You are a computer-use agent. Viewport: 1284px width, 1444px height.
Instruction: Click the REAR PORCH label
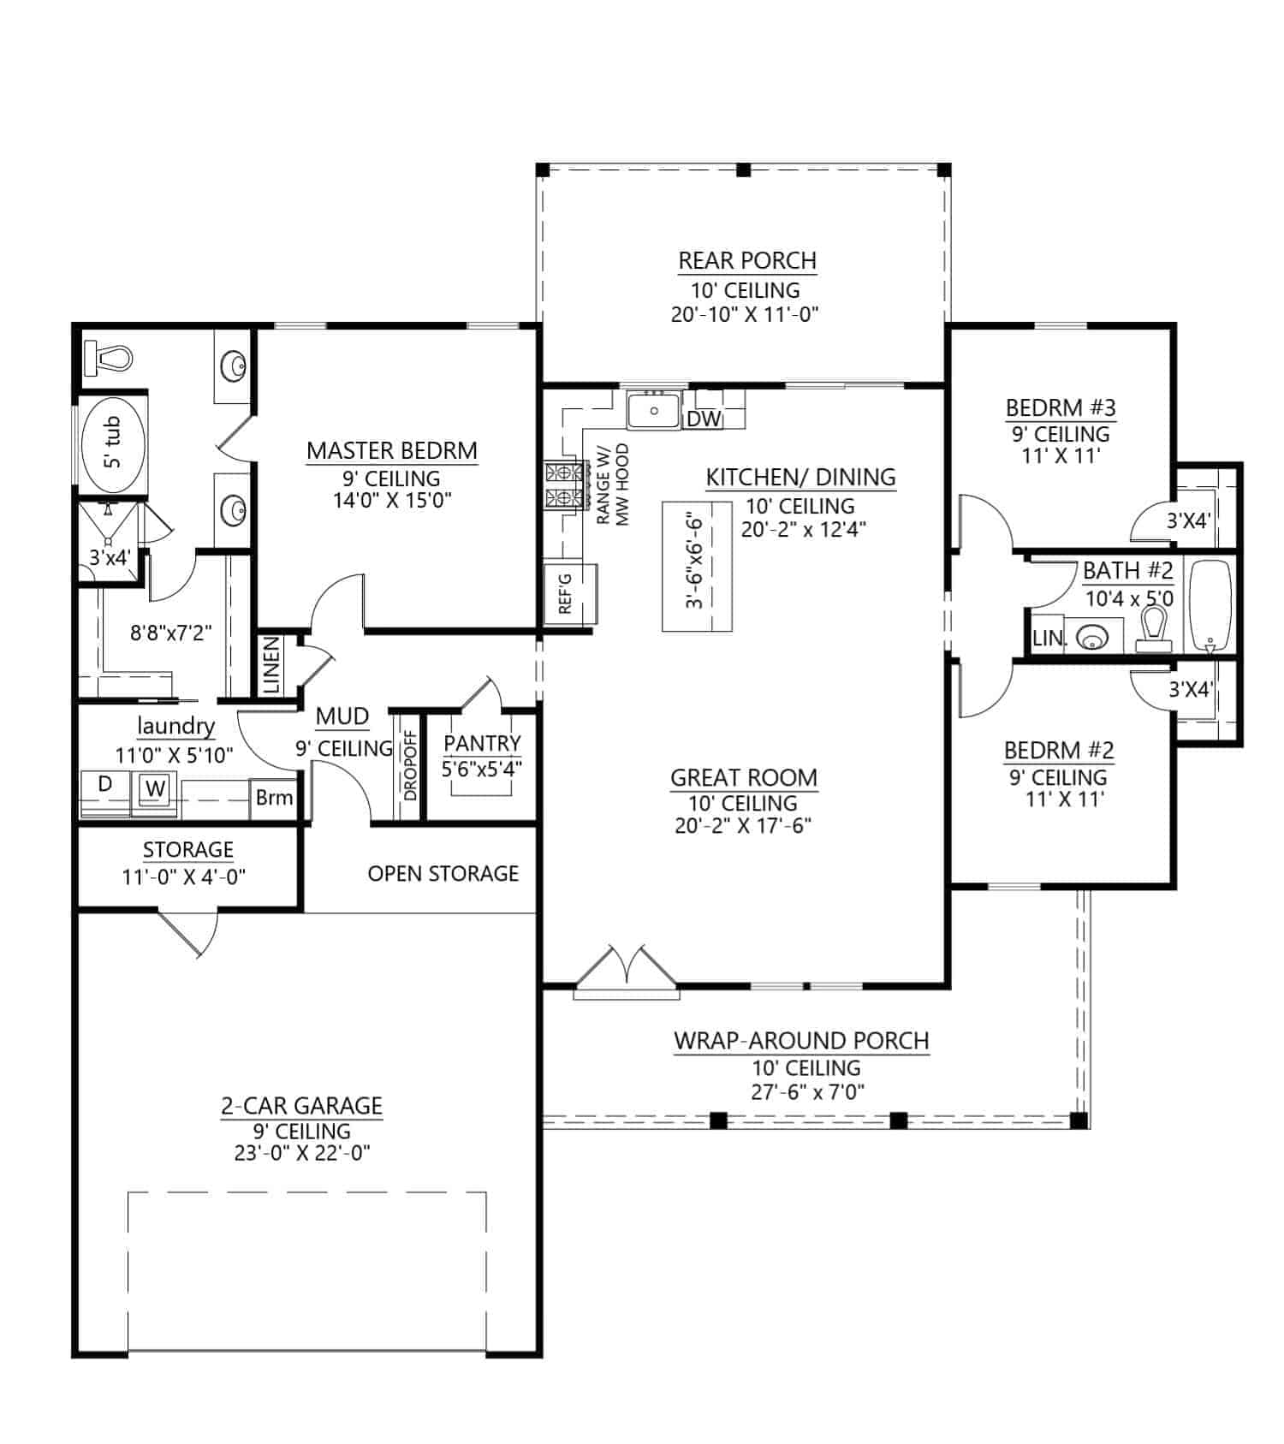point(746,260)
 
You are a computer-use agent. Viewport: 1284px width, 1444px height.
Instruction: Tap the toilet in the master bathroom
point(110,357)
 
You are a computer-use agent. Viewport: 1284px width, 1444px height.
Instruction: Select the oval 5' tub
point(113,446)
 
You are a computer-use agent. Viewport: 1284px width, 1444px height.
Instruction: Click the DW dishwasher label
point(704,419)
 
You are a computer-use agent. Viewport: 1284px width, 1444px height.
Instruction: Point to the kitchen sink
point(653,410)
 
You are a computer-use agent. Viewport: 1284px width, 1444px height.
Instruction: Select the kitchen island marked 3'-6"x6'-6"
point(697,566)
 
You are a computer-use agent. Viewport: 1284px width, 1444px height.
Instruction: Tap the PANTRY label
point(482,743)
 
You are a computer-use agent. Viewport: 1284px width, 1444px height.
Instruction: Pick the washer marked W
point(155,788)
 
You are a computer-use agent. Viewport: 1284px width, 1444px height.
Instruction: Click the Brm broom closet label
point(274,798)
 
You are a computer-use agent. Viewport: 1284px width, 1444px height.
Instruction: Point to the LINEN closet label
point(271,665)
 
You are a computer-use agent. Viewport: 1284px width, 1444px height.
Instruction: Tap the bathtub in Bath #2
point(1210,606)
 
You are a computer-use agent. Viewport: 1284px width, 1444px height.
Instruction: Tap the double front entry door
point(627,969)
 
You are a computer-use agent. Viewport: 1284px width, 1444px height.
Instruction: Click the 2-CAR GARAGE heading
point(301,1106)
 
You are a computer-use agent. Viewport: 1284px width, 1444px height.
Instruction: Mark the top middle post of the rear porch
point(743,170)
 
